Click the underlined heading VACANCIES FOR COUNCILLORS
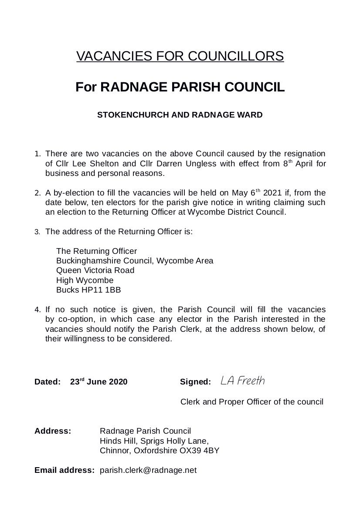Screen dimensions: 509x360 coord(180,56)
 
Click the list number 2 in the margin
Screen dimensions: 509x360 coord(37,193)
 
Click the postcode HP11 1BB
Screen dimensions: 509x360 coord(102,290)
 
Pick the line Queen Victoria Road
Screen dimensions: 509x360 coord(95,270)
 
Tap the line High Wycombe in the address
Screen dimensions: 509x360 coord(85,280)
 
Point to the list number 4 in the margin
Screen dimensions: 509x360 coord(37,310)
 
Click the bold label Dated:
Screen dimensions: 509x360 coord(48,382)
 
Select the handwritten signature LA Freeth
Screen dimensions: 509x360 coord(242,381)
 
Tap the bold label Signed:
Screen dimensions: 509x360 coord(195,382)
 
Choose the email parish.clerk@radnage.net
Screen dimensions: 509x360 coord(148,470)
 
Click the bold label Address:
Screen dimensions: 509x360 coord(53,431)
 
